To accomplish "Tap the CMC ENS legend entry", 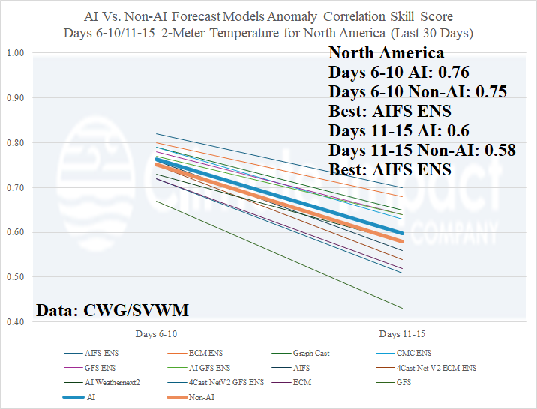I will click(x=415, y=353).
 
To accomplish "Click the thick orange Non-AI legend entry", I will click(x=198, y=397).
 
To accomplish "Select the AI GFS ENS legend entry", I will click(x=209, y=367).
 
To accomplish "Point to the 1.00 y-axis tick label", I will click(x=16, y=53).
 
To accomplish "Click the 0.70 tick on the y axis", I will click(x=16, y=188).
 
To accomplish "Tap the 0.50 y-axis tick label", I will click(x=16, y=277).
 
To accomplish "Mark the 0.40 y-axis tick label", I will click(x=16, y=322).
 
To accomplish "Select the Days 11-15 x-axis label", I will click(x=402, y=333).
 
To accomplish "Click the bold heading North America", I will click(x=386, y=53).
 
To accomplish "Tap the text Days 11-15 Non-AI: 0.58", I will click(x=422, y=150).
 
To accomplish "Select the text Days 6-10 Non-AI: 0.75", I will click(x=418, y=92).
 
